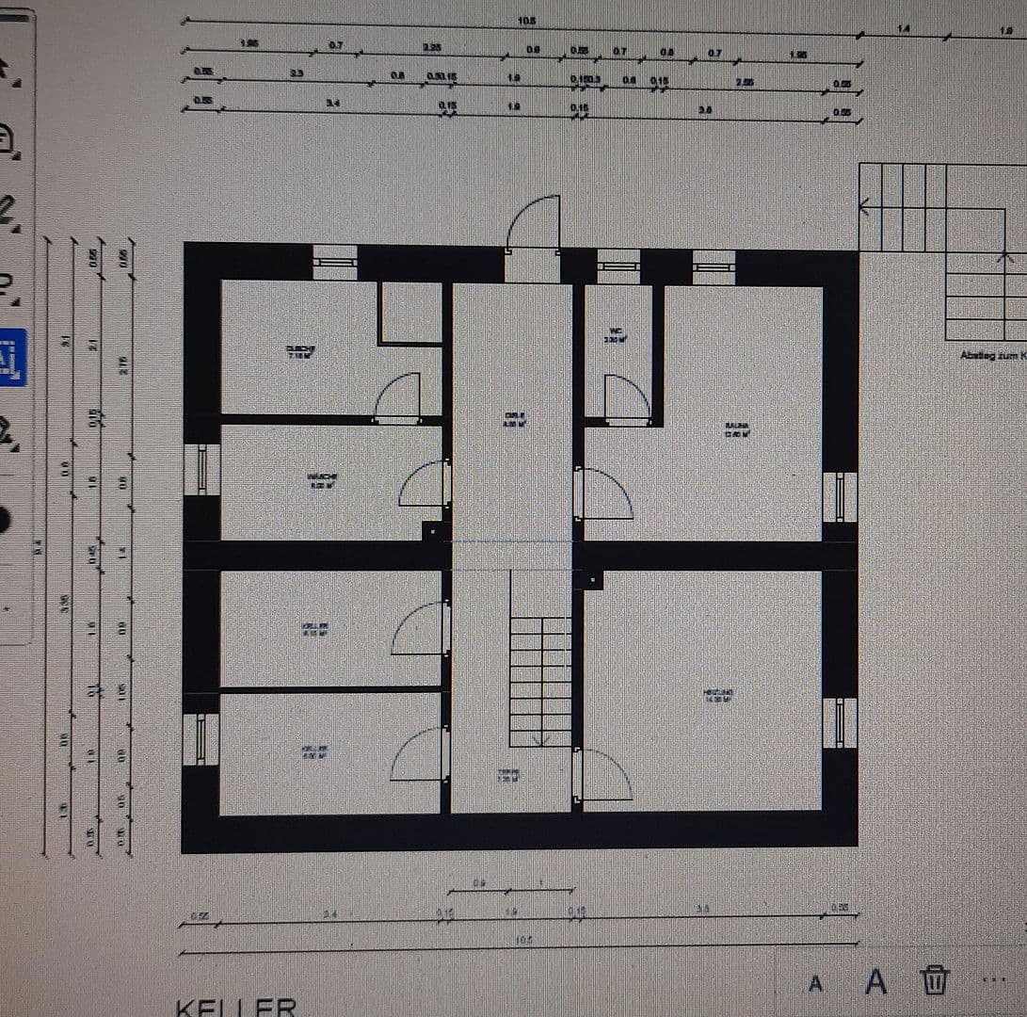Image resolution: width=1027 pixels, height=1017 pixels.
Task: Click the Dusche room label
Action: point(300,351)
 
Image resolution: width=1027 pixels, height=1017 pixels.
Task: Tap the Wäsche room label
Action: point(322,480)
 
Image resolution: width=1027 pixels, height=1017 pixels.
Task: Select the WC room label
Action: point(617,334)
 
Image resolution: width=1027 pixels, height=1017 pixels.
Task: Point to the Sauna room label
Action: point(736,430)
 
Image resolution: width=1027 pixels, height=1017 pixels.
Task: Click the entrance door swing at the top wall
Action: point(534,224)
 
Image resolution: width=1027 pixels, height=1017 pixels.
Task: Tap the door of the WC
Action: point(626,399)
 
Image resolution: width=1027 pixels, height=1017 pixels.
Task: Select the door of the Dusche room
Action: point(397,397)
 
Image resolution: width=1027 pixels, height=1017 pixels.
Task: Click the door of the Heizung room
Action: point(603,775)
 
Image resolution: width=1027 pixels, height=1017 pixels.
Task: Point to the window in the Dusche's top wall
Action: point(335,263)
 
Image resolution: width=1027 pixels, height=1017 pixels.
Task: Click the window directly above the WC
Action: point(618,266)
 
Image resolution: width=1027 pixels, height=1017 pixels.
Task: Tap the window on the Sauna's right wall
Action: point(840,496)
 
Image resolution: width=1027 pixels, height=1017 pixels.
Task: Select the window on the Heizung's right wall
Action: point(840,722)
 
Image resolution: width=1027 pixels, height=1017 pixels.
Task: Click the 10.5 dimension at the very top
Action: point(527,21)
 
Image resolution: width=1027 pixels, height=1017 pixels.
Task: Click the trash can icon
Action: point(935,980)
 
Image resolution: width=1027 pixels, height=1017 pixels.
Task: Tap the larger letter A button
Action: point(875,981)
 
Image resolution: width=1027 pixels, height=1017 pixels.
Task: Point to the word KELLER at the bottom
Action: point(236,1007)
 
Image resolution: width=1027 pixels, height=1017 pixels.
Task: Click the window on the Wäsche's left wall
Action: point(201,469)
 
